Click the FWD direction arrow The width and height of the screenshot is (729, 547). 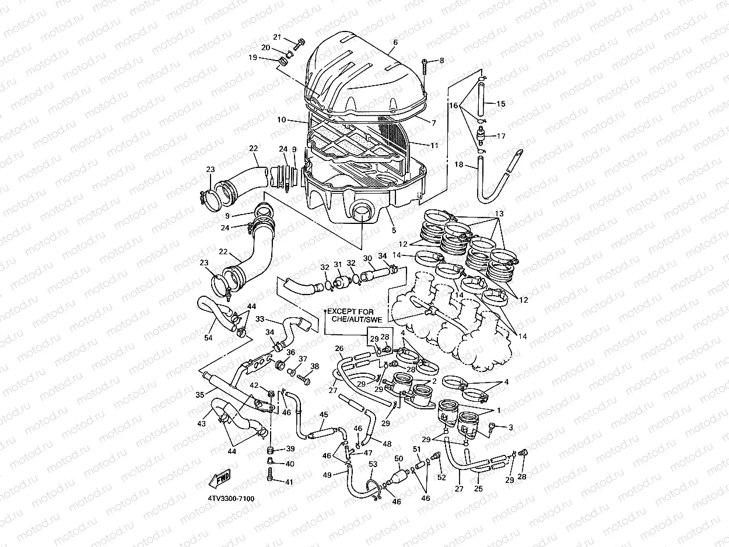pyautogui.click(x=220, y=479)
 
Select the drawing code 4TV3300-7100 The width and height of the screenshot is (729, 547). pyautogui.click(x=230, y=499)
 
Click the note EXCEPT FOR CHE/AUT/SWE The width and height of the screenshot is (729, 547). pyautogui.click(x=356, y=315)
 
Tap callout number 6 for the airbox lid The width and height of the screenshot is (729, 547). pyautogui.click(x=395, y=43)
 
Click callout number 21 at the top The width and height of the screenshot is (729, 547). pyautogui.click(x=278, y=37)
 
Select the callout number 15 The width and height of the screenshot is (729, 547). pyautogui.click(x=500, y=104)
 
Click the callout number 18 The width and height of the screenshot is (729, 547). pyautogui.click(x=459, y=165)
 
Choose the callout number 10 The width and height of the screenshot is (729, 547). pyautogui.click(x=281, y=120)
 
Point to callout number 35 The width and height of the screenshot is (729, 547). pyautogui.click(x=200, y=395)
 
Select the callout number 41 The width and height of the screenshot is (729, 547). pyautogui.click(x=288, y=482)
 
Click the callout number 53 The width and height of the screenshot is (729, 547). pyautogui.click(x=373, y=464)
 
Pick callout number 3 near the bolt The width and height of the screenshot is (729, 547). pyautogui.click(x=510, y=427)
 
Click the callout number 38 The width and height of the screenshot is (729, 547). pyautogui.click(x=315, y=366)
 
